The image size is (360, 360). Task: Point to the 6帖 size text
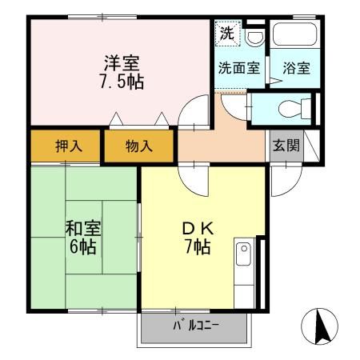coord(81,246)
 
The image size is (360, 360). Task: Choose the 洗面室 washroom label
coord(239,68)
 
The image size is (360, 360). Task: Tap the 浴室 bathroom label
coord(296,68)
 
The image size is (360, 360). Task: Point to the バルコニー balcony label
coord(195,326)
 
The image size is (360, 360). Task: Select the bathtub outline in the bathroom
coord(296,37)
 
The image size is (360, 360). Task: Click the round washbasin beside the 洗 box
coord(254,38)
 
